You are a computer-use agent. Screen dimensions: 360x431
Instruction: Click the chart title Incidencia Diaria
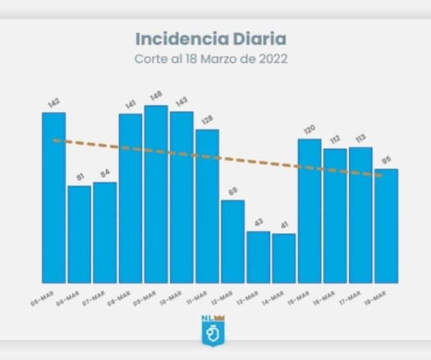point(211,39)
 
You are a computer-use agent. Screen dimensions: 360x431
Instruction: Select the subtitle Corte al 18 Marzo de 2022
point(211,59)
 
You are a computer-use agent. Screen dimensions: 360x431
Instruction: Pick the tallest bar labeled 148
point(156,194)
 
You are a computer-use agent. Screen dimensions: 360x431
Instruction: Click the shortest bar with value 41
point(283,258)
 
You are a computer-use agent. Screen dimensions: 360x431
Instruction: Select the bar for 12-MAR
point(233,241)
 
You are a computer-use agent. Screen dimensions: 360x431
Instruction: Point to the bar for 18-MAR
point(386,226)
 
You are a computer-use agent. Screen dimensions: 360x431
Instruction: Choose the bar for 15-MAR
point(310,211)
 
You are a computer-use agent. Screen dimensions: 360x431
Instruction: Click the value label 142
point(54,103)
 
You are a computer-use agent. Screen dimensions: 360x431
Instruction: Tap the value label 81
point(80,177)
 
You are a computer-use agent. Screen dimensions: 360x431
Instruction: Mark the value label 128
point(207,120)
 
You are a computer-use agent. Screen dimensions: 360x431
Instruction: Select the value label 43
point(258,222)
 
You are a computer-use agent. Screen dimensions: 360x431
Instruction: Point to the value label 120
point(310,130)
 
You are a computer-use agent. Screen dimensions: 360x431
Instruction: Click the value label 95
point(386,160)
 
